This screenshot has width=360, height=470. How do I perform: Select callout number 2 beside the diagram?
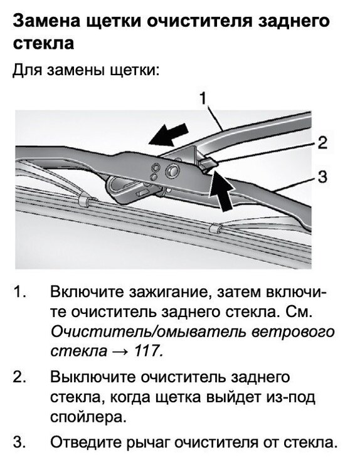[x=322, y=143]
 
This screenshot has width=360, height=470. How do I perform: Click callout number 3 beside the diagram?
[x=322, y=177]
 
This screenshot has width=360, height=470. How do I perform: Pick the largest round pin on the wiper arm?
[x=171, y=172]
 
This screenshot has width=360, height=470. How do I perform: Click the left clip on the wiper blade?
[x=85, y=201]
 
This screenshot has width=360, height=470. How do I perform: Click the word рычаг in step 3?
[x=147, y=442]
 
